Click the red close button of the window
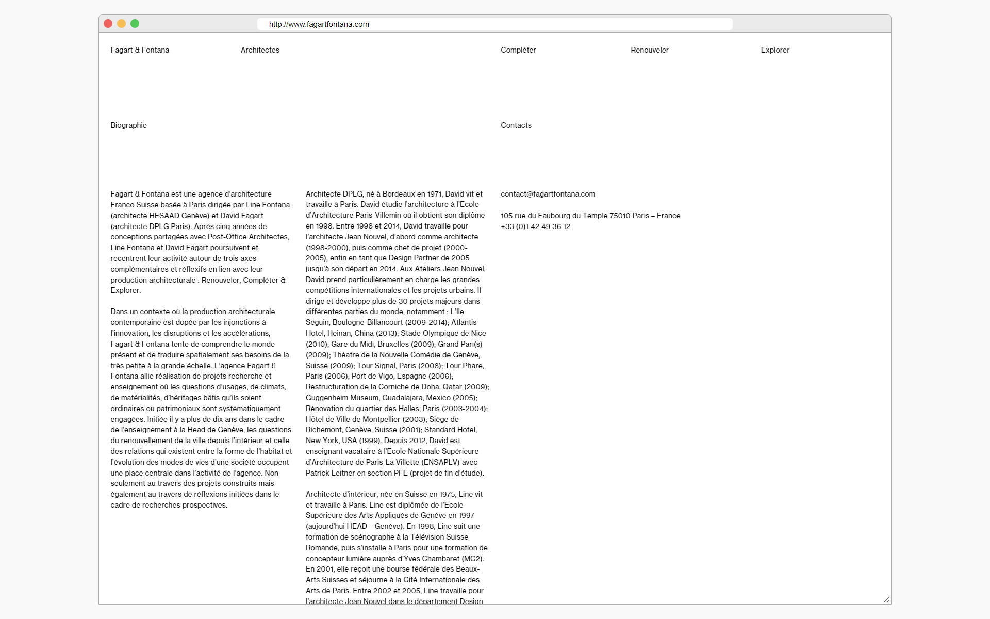tap(108, 24)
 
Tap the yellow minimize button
tap(121, 24)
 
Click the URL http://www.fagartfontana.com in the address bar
tap(319, 24)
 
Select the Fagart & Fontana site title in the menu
tap(140, 50)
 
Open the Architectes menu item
tap(260, 50)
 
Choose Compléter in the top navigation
tap(518, 50)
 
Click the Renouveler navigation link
tap(649, 50)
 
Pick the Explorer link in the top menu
tap(775, 50)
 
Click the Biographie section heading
tap(128, 125)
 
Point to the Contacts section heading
tap(516, 125)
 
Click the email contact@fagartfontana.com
tap(548, 194)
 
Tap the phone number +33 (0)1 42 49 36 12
tap(535, 226)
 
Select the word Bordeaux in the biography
tap(399, 194)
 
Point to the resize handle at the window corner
tap(886, 599)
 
